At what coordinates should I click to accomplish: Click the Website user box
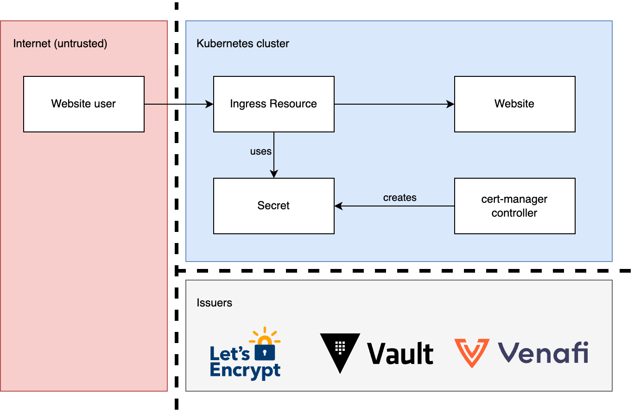tap(84, 104)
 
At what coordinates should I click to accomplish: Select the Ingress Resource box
tap(273, 104)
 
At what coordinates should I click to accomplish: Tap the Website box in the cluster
tap(514, 104)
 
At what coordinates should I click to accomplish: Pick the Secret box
tap(273, 206)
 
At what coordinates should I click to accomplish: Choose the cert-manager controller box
tap(514, 206)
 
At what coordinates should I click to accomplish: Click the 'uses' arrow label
tap(260, 151)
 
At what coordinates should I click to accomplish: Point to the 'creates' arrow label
tap(399, 198)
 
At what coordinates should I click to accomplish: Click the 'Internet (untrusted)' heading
tap(60, 44)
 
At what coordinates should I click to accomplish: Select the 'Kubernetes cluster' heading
tap(243, 44)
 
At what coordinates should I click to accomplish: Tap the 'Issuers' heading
tap(214, 303)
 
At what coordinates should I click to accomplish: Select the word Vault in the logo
tap(400, 354)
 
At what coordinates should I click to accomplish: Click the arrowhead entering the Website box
tap(450, 105)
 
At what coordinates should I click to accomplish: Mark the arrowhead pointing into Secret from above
tap(274, 174)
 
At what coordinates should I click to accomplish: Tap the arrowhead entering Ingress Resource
tap(209, 105)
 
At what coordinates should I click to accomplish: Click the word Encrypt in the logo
tap(245, 371)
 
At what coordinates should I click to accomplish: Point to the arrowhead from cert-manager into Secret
tap(338, 206)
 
